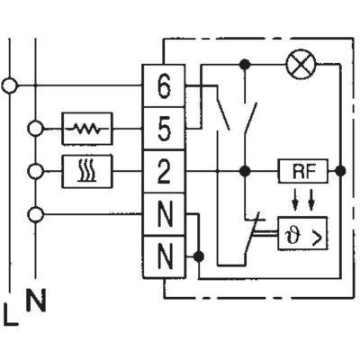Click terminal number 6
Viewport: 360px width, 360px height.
(164, 86)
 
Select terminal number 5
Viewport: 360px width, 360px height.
(164, 129)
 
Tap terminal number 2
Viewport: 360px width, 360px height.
(164, 171)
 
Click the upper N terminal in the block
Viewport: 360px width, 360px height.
(164, 214)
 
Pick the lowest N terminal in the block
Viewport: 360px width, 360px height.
(164, 256)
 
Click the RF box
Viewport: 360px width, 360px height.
(303, 171)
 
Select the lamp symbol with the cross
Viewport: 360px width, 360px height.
(301, 64)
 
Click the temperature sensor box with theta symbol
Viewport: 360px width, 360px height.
(302, 233)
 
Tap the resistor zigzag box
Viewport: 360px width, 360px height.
(87, 129)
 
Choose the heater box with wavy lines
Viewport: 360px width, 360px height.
(87, 171)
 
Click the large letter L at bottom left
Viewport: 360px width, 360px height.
(11, 314)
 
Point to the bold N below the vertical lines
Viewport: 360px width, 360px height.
(36, 300)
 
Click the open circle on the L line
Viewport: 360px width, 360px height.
(10, 86)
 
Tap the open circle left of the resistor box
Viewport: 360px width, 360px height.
(36, 129)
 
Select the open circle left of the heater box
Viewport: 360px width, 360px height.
(36, 172)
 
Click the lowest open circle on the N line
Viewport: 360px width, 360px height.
(36, 214)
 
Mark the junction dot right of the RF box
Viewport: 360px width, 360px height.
(340, 171)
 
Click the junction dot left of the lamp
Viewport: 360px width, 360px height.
(246, 64)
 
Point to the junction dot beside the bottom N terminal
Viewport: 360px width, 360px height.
(198, 256)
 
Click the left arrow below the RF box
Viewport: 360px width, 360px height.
(295, 199)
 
